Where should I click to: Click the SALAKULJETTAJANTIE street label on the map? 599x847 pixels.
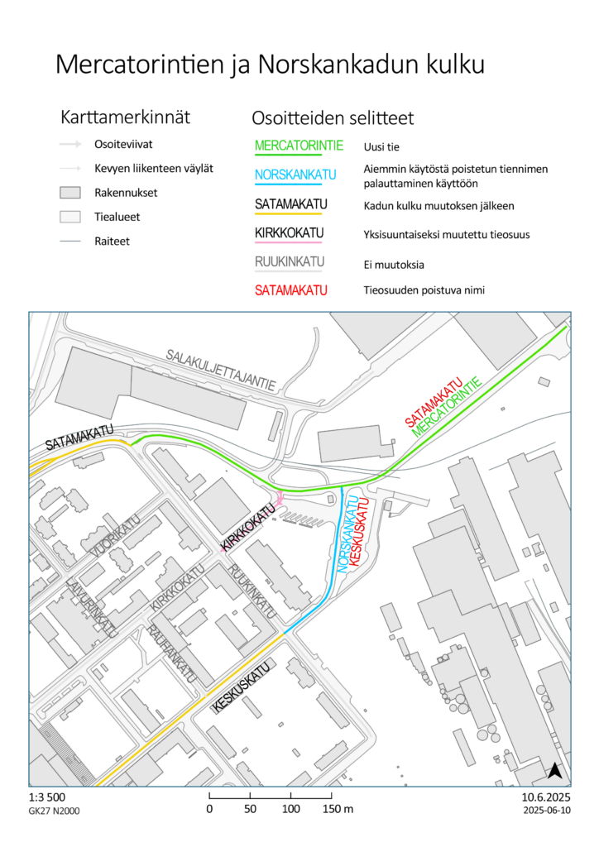(221, 370)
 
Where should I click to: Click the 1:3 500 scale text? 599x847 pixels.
(46, 797)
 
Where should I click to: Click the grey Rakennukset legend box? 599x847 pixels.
(69, 193)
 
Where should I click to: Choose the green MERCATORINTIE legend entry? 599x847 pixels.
(299, 146)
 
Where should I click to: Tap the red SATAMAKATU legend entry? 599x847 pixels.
(291, 290)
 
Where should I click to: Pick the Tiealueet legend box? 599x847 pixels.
(69, 217)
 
